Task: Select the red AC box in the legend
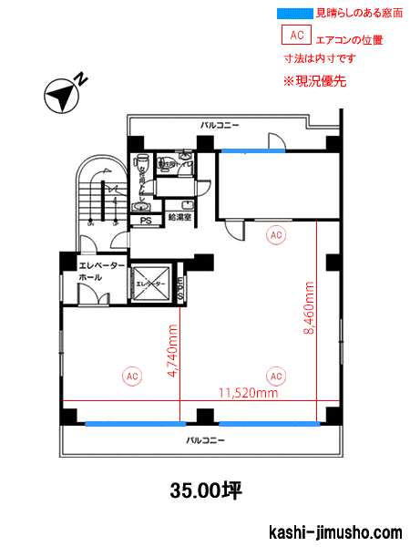[295, 36]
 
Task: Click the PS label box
[145, 221]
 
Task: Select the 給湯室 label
[179, 218]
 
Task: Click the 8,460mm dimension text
[310, 309]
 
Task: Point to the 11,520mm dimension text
[247, 394]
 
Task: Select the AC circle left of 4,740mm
[131, 375]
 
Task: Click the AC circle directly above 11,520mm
[275, 375]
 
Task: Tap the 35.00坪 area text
[205, 490]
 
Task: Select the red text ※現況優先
[315, 80]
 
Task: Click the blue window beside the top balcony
[246, 150]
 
